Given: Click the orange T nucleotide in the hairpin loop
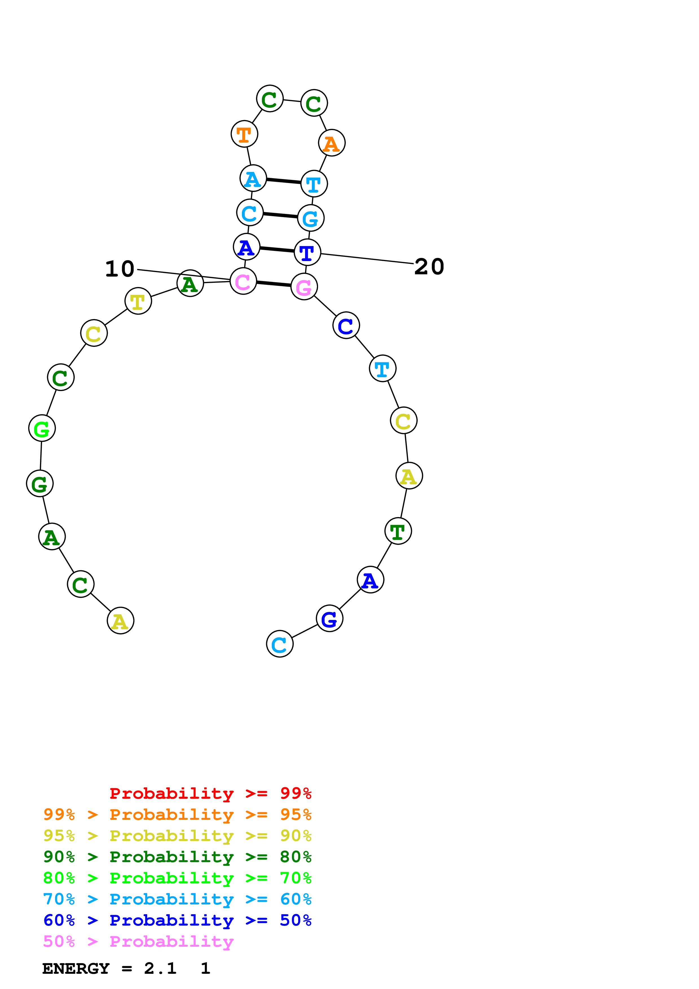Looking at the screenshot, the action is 244,134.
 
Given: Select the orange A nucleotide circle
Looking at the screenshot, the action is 332,143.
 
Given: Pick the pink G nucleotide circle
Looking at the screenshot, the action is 304,287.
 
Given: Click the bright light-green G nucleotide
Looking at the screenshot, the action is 42,428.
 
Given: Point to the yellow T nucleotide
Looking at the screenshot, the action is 138,301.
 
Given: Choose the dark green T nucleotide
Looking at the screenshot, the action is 398,531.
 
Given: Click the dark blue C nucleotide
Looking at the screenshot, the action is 346,326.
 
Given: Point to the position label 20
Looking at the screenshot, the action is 429,267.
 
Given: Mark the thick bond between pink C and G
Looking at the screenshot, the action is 274,284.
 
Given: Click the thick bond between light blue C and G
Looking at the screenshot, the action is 280,215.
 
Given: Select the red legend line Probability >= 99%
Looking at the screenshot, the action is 210,793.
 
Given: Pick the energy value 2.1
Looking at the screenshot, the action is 160,968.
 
